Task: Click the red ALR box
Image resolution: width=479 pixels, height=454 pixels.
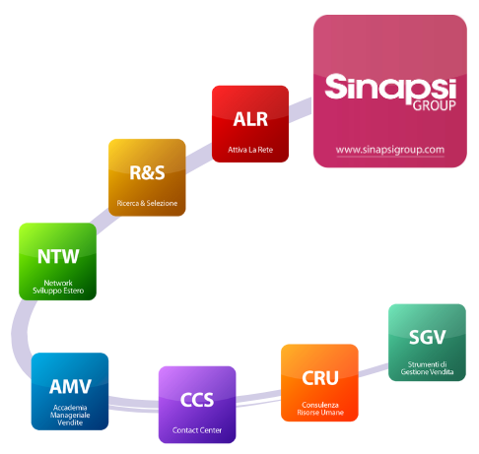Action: click(x=250, y=124)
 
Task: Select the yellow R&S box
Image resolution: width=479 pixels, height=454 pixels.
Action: click(x=147, y=177)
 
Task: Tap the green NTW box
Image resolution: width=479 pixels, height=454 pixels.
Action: click(x=57, y=261)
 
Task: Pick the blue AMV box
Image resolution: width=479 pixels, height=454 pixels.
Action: click(x=70, y=391)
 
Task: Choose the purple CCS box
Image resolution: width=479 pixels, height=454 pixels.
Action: click(x=197, y=405)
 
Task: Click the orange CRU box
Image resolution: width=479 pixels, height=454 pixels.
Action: click(x=319, y=382)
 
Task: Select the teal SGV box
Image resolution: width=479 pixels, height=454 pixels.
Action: click(x=427, y=343)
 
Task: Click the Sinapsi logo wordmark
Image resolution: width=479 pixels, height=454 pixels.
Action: click(x=390, y=88)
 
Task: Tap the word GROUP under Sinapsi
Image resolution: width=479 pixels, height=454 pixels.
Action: click(x=434, y=105)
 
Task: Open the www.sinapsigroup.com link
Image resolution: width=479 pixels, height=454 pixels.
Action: click(x=390, y=150)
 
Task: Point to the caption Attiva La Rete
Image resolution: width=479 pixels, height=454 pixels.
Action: click(x=250, y=150)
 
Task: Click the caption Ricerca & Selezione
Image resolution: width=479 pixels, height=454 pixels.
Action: click(x=147, y=203)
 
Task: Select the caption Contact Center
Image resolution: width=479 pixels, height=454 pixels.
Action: click(x=197, y=430)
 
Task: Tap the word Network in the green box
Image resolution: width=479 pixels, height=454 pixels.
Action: click(x=58, y=283)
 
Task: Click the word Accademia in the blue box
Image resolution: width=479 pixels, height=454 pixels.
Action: click(x=70, y=408)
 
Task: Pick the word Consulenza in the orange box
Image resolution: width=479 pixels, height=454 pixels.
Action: click(x=320, y=405)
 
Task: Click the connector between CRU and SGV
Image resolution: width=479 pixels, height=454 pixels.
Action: click(x=374, y=370)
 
